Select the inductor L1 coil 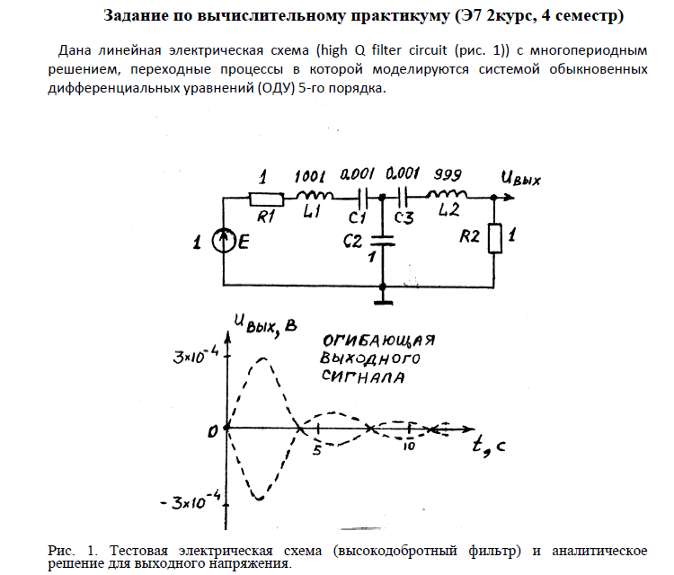tap(314, 195)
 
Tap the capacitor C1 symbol tap(362, 195)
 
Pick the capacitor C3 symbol tap(405, 195)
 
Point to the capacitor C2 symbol tap(384, 241)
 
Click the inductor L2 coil tap(446, 195)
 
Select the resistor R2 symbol tap(492, 237)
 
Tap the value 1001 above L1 tap(309, 174)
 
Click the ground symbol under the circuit tap(384, 296)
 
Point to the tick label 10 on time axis tap(409, 447)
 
